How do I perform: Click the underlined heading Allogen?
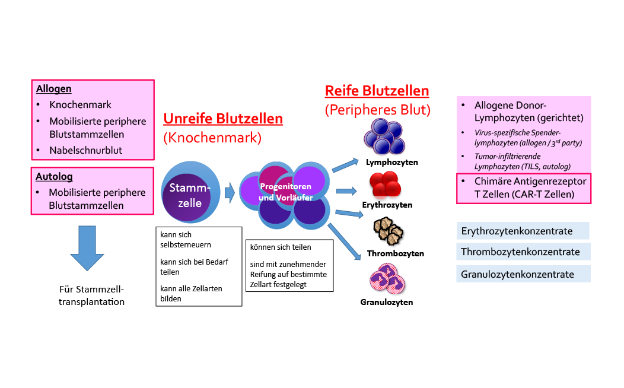pyautogui.click(x=54, y=89)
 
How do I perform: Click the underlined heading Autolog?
pyautogui.click(x=54, y=177)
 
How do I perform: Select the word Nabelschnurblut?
pyautogui.click(x=85, y=150)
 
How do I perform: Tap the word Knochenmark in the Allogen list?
pyautogui.click(x=80, y=105)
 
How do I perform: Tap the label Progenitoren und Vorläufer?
pyautogui.click(x=286, y=192)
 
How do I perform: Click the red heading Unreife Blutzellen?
pyautogui.click(x=223, y=119)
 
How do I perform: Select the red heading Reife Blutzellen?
pyautogui.click(x=377, y=91)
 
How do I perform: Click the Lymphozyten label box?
pyautogui.click(x=391, y=162)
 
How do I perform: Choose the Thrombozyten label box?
pyautogui.click(x=395, y=253)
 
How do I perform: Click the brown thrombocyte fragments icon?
pyautogui.click(x=388, y=231)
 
